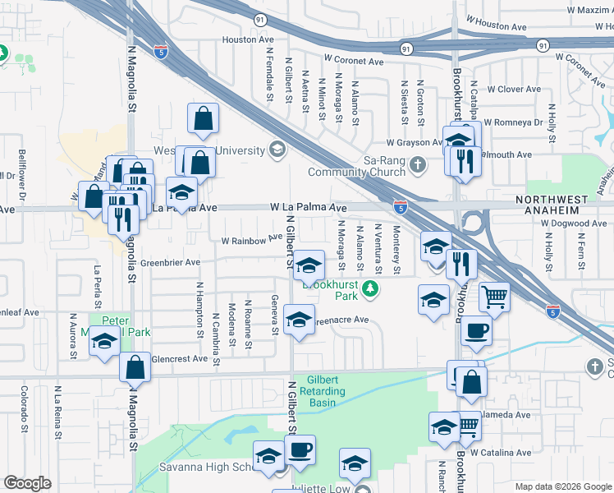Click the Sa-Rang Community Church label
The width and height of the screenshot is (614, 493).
coord(356,167)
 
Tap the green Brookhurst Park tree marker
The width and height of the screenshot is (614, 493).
coord(370,288)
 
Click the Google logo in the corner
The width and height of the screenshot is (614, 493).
coord(27,483)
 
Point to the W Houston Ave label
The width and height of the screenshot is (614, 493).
coord(495,27)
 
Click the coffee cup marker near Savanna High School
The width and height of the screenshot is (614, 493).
coord(300,449)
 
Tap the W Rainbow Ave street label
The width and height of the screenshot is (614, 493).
coord(245,240)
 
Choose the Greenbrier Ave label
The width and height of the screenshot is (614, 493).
coord(170,263)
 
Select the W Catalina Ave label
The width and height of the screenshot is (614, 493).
coord(501,453)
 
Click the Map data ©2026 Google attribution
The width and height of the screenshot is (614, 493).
coord(563,486)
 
